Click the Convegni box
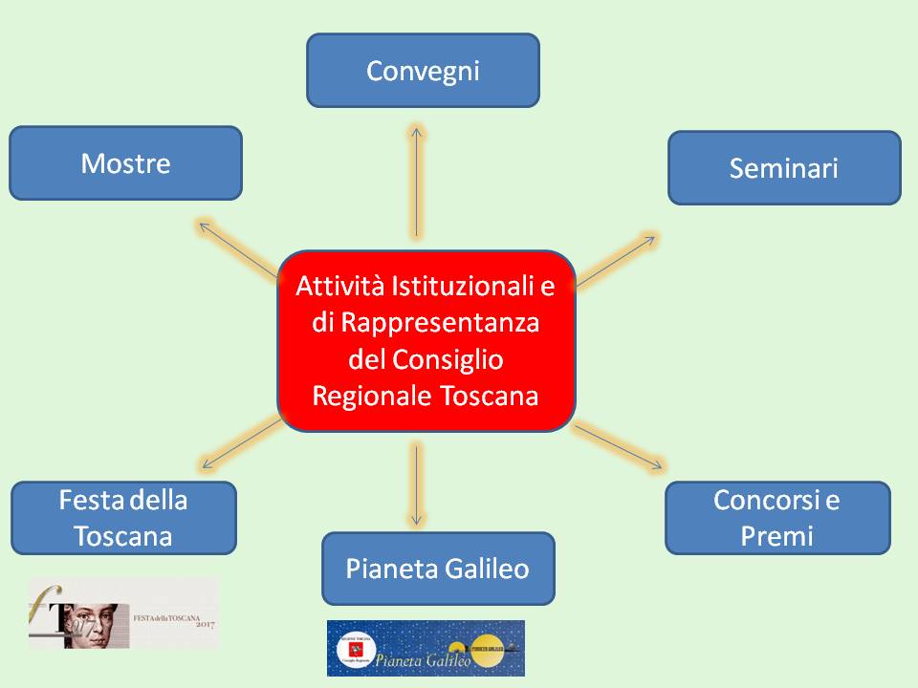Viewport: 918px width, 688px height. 423,70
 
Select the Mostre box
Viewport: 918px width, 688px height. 125,163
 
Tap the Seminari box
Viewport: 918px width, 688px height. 784,168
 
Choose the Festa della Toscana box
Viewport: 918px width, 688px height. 123,518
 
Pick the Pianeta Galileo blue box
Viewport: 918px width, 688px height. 438,569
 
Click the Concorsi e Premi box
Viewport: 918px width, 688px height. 777,518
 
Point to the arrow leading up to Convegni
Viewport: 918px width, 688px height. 417,182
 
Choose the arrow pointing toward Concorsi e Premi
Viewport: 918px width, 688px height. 618,447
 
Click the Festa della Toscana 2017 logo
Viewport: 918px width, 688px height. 124,613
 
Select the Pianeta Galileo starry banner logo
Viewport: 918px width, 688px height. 426,648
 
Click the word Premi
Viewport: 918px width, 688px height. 777,536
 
